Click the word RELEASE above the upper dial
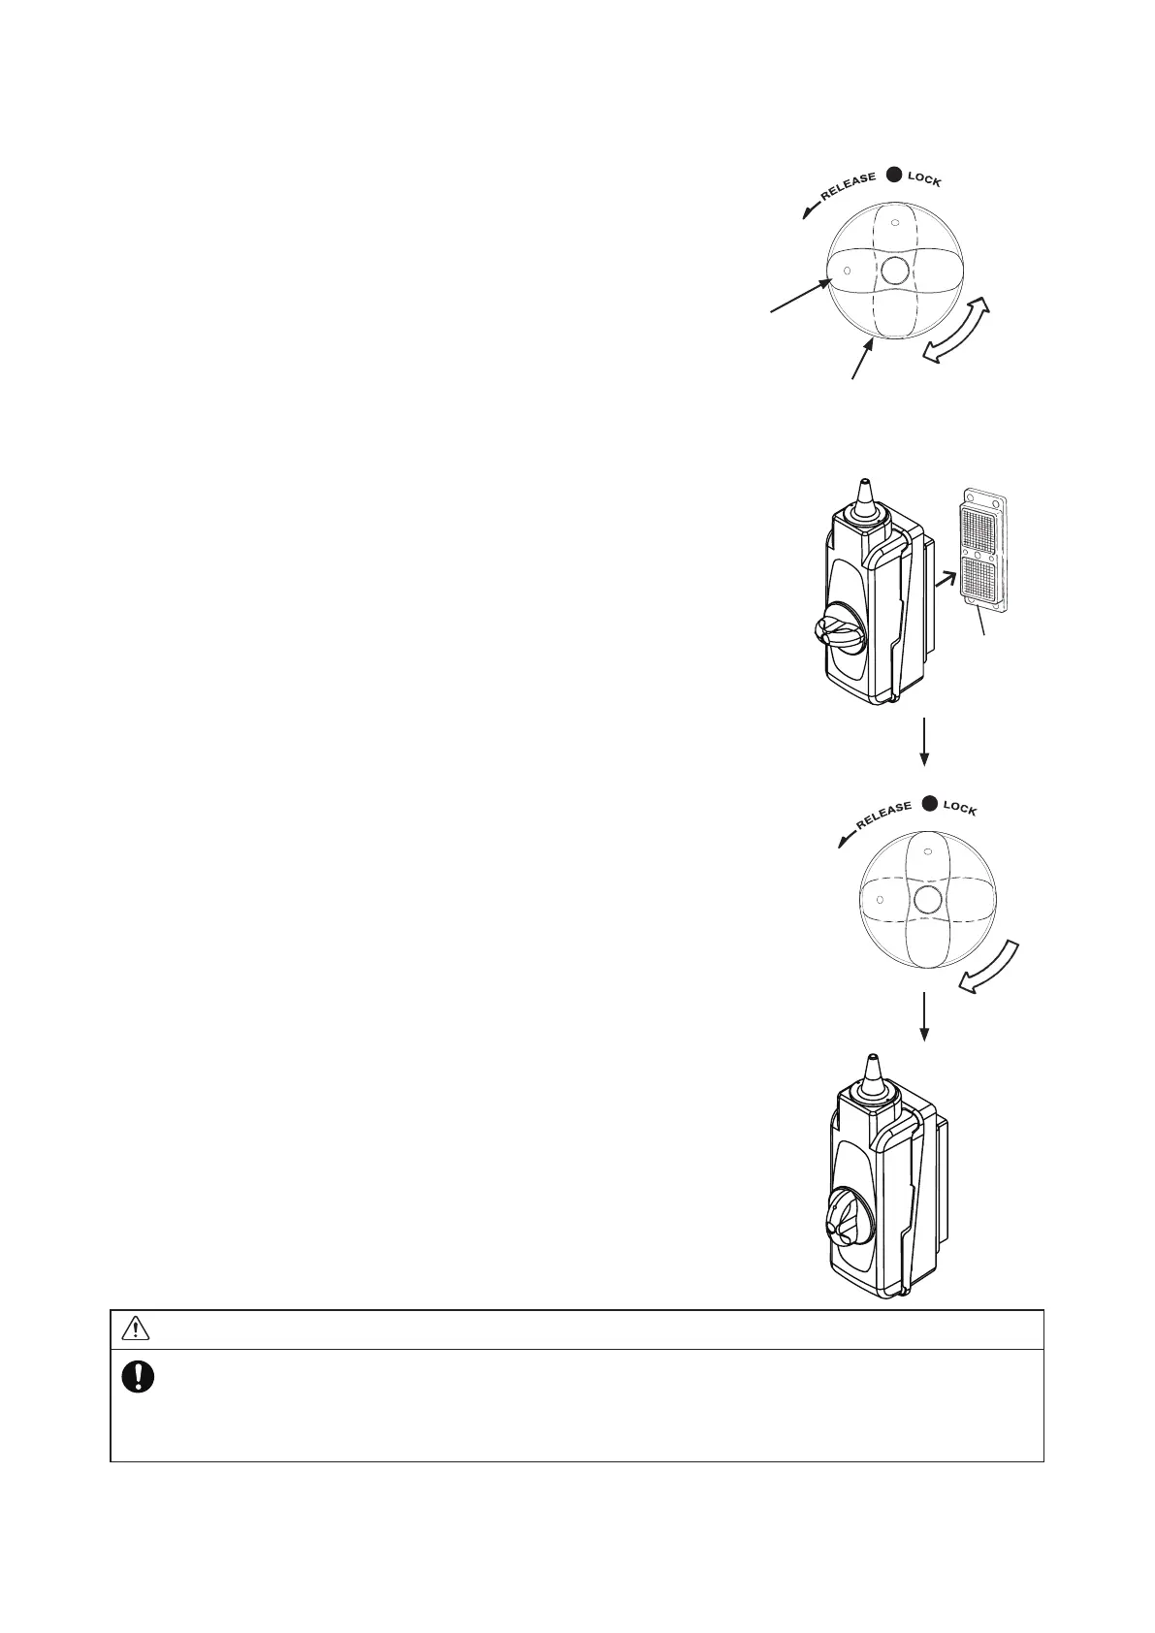848,186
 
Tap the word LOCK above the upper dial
924,180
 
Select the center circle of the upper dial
894,269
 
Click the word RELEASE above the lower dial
882,815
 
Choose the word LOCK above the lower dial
960,809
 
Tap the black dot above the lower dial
929,803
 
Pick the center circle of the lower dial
929,897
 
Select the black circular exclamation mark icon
139,1377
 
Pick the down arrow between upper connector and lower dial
925,742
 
